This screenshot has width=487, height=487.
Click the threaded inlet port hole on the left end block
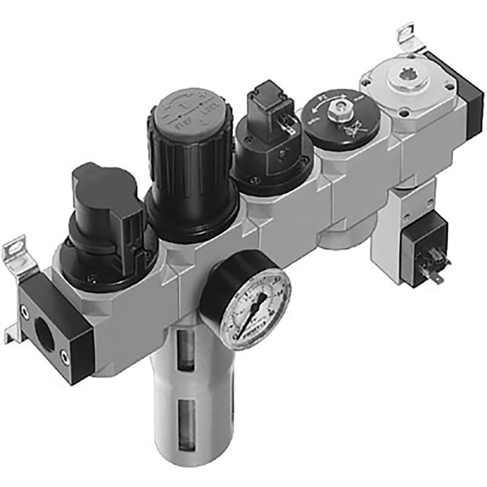pyautogui.click(x=44, y=333)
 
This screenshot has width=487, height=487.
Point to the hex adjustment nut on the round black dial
pyautogui.click(x=339, y=108)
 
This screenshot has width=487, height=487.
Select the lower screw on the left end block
pyautogui.click(x=65, y=359)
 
